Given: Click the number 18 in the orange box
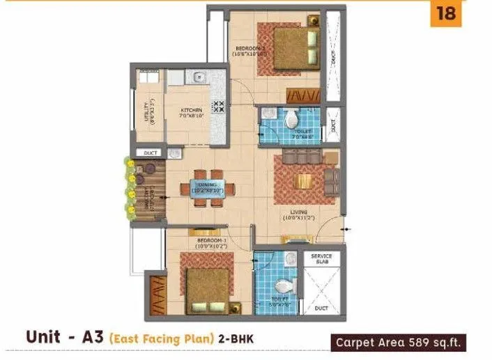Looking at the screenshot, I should tap(446, 14).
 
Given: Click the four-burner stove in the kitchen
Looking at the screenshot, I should tap(218, 107).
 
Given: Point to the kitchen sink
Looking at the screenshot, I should tap(198, 77).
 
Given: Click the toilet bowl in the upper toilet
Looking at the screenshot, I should tap(291, 115).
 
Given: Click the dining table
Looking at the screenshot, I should tap(207, 187).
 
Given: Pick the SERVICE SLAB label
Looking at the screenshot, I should tap(321, 258).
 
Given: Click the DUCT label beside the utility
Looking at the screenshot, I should tap(150, 152).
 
